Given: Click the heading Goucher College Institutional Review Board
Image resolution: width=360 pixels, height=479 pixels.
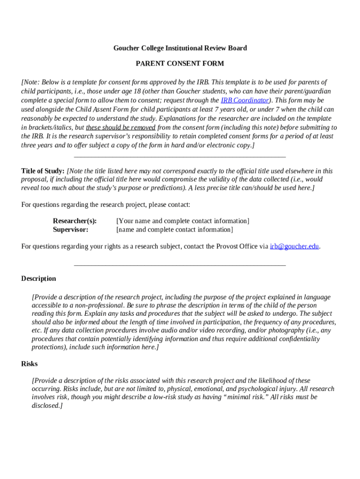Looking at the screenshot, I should point(180,48).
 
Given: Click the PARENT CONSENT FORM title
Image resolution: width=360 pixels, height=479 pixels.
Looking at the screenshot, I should point(180,64).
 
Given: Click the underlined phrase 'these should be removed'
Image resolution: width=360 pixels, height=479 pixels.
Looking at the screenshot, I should point(121,128).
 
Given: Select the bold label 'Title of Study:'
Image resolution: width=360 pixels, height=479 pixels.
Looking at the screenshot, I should point(43,171).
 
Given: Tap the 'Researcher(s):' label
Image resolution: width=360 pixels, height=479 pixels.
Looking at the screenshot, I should point(75,221).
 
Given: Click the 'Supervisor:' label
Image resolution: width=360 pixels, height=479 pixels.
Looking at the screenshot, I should point(71,230).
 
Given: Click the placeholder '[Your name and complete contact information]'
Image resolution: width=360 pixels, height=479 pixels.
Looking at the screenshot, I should point(183,221).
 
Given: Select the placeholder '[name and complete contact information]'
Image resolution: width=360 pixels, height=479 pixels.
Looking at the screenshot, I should point(174,230).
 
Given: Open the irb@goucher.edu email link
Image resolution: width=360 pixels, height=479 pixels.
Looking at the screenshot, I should point(295,247).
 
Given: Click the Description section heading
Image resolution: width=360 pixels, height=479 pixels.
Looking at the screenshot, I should point(38,279).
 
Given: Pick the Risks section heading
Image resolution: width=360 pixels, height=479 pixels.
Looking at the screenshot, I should point(29,364).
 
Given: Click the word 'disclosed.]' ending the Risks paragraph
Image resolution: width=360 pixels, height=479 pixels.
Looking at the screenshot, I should point(47,406).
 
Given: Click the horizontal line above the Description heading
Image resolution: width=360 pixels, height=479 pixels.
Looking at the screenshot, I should point(180,265).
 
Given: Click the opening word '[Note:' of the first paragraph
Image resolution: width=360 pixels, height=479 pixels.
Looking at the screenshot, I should point(31,82).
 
